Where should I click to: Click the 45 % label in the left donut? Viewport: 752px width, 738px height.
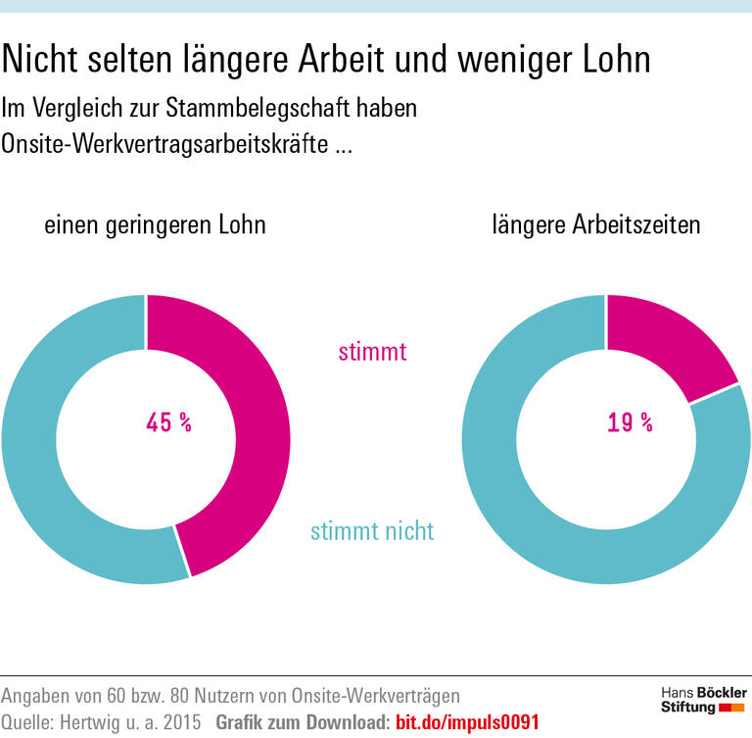168,423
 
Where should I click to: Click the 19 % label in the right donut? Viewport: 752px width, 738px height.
629,423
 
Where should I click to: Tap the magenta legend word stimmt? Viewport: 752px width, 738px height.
372,351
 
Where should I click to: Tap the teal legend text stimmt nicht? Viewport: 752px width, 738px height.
372,532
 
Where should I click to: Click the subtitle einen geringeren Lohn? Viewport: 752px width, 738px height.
155,224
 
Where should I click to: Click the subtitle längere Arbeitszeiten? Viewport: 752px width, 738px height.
596,224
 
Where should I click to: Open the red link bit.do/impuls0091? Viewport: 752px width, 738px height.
466,722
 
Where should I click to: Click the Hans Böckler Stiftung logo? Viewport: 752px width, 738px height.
701,700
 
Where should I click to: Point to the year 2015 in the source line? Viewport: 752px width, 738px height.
180,722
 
